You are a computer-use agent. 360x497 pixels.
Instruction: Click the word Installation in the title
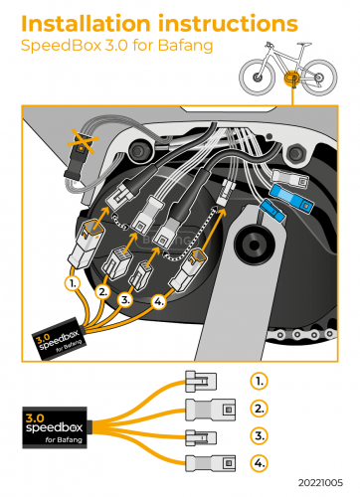86,24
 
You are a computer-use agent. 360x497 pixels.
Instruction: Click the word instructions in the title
228,24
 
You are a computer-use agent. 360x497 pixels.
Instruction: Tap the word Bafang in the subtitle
185,46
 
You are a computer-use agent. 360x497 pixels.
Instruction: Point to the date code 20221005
320,482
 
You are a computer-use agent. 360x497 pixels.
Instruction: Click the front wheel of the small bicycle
257,78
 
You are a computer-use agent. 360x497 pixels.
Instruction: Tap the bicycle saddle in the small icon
304,44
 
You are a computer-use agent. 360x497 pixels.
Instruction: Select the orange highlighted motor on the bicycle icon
292,79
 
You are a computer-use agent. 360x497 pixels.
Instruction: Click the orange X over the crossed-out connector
82,141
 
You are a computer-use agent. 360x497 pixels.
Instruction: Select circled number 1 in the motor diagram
73,283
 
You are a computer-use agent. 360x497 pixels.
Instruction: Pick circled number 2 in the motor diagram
103,292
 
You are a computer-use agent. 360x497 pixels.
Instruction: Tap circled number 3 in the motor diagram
125,300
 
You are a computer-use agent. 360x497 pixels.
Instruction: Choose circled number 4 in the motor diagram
159,301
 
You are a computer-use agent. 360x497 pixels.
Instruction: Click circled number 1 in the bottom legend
259,382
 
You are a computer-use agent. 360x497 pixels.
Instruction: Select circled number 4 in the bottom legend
259,463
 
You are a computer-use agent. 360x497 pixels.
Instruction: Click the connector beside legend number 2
210,410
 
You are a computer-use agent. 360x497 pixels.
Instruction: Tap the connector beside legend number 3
201,437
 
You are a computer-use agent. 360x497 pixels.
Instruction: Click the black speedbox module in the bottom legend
55,427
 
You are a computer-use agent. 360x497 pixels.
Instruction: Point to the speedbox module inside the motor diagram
59,339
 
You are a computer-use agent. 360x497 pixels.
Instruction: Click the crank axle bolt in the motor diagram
254,246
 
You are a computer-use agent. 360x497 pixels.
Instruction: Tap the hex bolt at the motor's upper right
294,153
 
